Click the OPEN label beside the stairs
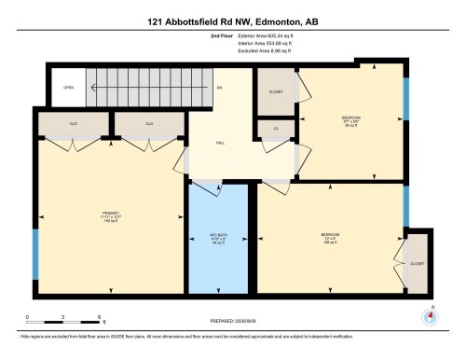[x=68, y=89]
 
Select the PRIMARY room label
[x=112, y=214]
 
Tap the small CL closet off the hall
[x=277, y=129]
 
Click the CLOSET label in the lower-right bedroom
[x=417, y=264]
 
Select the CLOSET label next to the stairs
[x=276, y=92]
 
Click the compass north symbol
[x=430, y=314]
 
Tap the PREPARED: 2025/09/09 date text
[x=232, y=322]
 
